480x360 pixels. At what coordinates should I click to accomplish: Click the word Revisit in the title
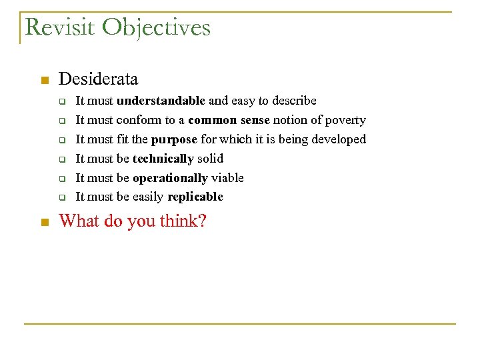tap(61, 28)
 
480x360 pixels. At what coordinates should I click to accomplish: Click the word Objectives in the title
tap(157, 28)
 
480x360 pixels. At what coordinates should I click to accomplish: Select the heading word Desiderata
tap(98, 79)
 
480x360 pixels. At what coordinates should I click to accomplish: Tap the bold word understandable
tap(161, 101)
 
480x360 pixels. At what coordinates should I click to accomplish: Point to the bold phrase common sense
tap(229, 120)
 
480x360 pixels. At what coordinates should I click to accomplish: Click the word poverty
tap(345, 120)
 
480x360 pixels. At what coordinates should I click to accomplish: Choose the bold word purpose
tap(174, 139)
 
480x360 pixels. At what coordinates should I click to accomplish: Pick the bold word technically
tap(163, 159)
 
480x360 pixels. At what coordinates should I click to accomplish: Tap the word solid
tap(210, 159)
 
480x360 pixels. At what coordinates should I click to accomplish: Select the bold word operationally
tap(170, 178)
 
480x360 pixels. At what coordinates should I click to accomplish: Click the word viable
tap(227, 178)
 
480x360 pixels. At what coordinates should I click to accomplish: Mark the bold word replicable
tap(195, 197)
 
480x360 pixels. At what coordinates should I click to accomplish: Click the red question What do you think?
tap(133, 221)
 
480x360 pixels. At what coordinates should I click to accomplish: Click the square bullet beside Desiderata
tap(45, 81)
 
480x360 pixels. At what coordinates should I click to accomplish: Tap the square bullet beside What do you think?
tap(45, 222)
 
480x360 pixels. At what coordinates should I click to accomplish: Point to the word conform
tap(137, 120)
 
